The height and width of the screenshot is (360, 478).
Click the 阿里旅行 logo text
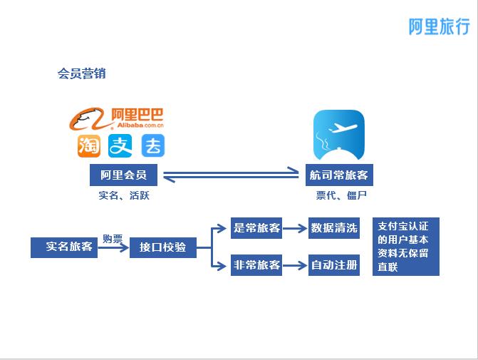click(x=439, y=27)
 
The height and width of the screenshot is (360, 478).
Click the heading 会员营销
click(x=81, y=73)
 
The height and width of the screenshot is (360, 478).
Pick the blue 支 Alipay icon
click(x=121, y=145)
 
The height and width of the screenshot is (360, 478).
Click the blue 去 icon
click(x=152, y=145)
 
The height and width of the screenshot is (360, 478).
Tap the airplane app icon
click(x=339, y=135)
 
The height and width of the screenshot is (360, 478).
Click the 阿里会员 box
click(x=124, y=175)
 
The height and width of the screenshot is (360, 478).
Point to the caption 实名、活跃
click(x=124, y=195)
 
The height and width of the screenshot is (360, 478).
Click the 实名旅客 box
click(x=64, y=247)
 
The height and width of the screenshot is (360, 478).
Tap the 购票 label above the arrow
click(x=113, y=238)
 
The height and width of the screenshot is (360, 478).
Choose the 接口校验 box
click(x=162, y=247)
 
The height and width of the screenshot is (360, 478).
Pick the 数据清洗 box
click(x=334, y=228)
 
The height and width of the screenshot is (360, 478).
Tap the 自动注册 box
click(x=334, y=266)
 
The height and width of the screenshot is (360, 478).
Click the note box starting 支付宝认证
click(x=405, y=246)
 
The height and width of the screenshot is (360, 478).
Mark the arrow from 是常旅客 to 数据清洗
click(x=295, y=229)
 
